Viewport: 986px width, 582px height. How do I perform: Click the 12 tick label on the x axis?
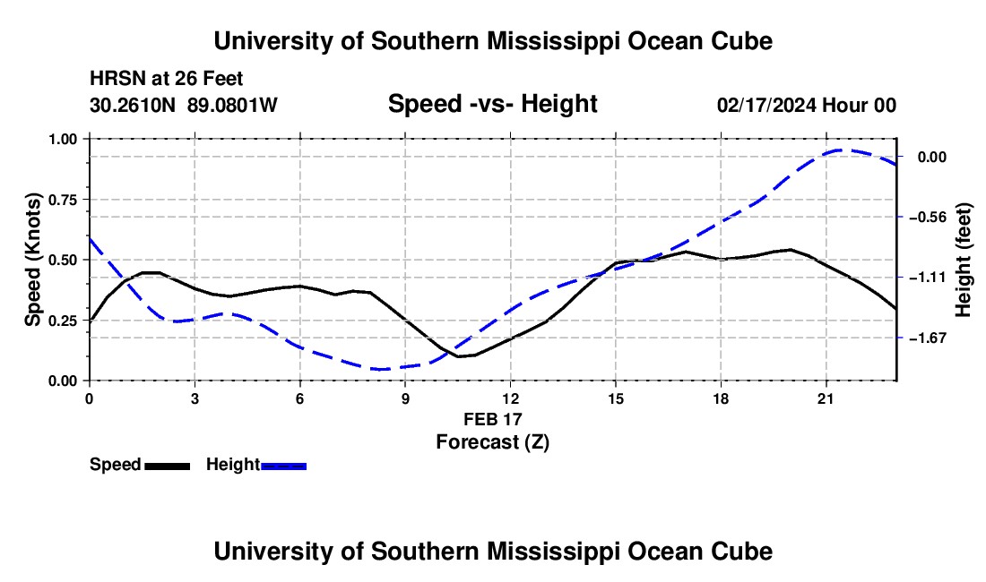(511, 398)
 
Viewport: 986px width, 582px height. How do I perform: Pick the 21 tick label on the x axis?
(826, 398)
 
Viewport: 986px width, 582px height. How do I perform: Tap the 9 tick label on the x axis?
(405, 398)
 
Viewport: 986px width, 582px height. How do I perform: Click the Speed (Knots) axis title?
(32, 260)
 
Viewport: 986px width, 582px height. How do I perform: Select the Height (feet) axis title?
(963, 260)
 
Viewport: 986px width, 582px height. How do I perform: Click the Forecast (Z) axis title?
(492, 442)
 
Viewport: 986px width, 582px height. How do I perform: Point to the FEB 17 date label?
(492, 419)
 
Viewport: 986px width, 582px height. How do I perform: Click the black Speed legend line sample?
(168, 466)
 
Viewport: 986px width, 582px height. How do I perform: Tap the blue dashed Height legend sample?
(283, 466)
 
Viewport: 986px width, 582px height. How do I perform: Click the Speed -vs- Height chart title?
(492, 104)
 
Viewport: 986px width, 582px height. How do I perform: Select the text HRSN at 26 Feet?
(166, 79)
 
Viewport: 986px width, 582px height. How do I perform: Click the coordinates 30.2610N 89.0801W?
(183, 105)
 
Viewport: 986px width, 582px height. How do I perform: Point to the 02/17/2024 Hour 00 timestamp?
(806, 105)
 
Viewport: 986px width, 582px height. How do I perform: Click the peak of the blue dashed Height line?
(840, 150)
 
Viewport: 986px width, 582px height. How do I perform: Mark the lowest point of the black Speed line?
(458, 356)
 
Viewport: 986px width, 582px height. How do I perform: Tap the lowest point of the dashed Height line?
(381, 369)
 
